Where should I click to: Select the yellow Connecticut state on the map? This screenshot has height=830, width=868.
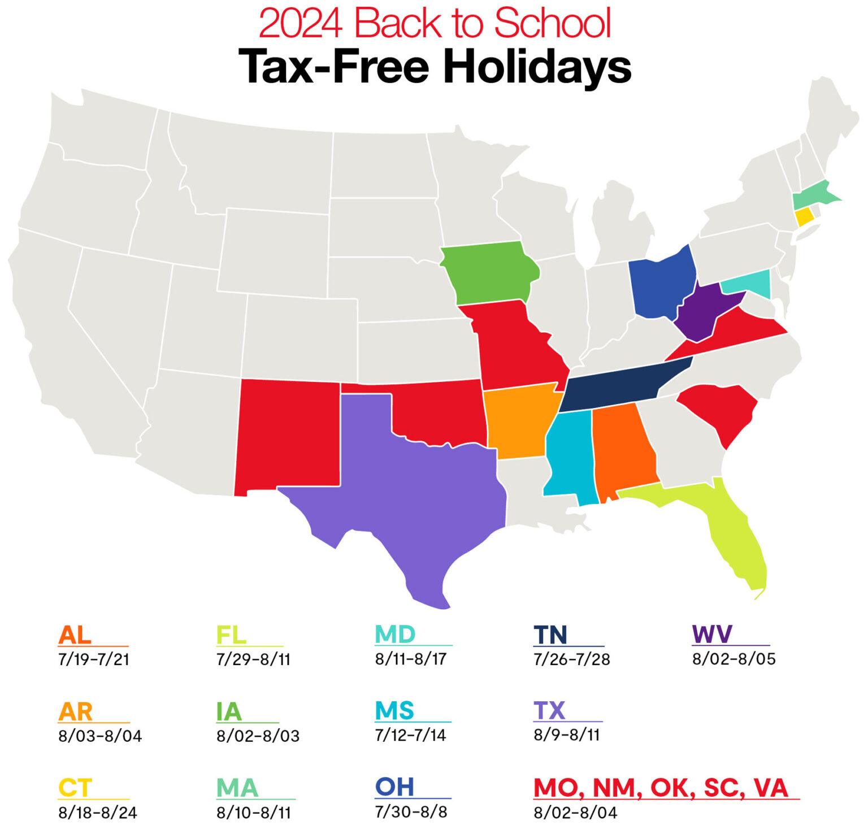coord(804,217)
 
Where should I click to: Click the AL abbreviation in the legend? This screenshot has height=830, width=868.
coord(75,635)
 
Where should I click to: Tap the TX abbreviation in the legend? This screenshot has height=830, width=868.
coord(549,711)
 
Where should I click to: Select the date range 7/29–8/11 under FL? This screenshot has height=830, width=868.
coord(253,659)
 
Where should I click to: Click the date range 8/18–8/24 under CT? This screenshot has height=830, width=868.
coord(97,814)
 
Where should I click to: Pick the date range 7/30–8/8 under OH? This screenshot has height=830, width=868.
coord(411,812)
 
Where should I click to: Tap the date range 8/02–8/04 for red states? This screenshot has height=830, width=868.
coord(575,814)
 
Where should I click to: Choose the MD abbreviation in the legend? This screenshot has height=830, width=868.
coord(395,635)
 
